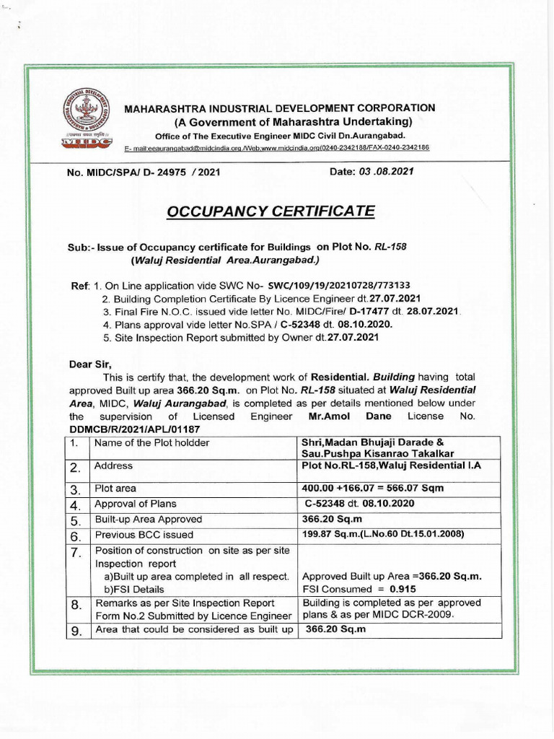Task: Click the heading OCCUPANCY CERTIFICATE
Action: point(271,211)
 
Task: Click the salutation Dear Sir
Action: point(90,364)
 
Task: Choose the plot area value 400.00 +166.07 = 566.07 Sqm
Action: point(372,488)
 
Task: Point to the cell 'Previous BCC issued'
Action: point(144,535)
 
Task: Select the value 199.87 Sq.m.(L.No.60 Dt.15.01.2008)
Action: point(383,535)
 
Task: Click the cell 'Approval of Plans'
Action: point(135,504)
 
